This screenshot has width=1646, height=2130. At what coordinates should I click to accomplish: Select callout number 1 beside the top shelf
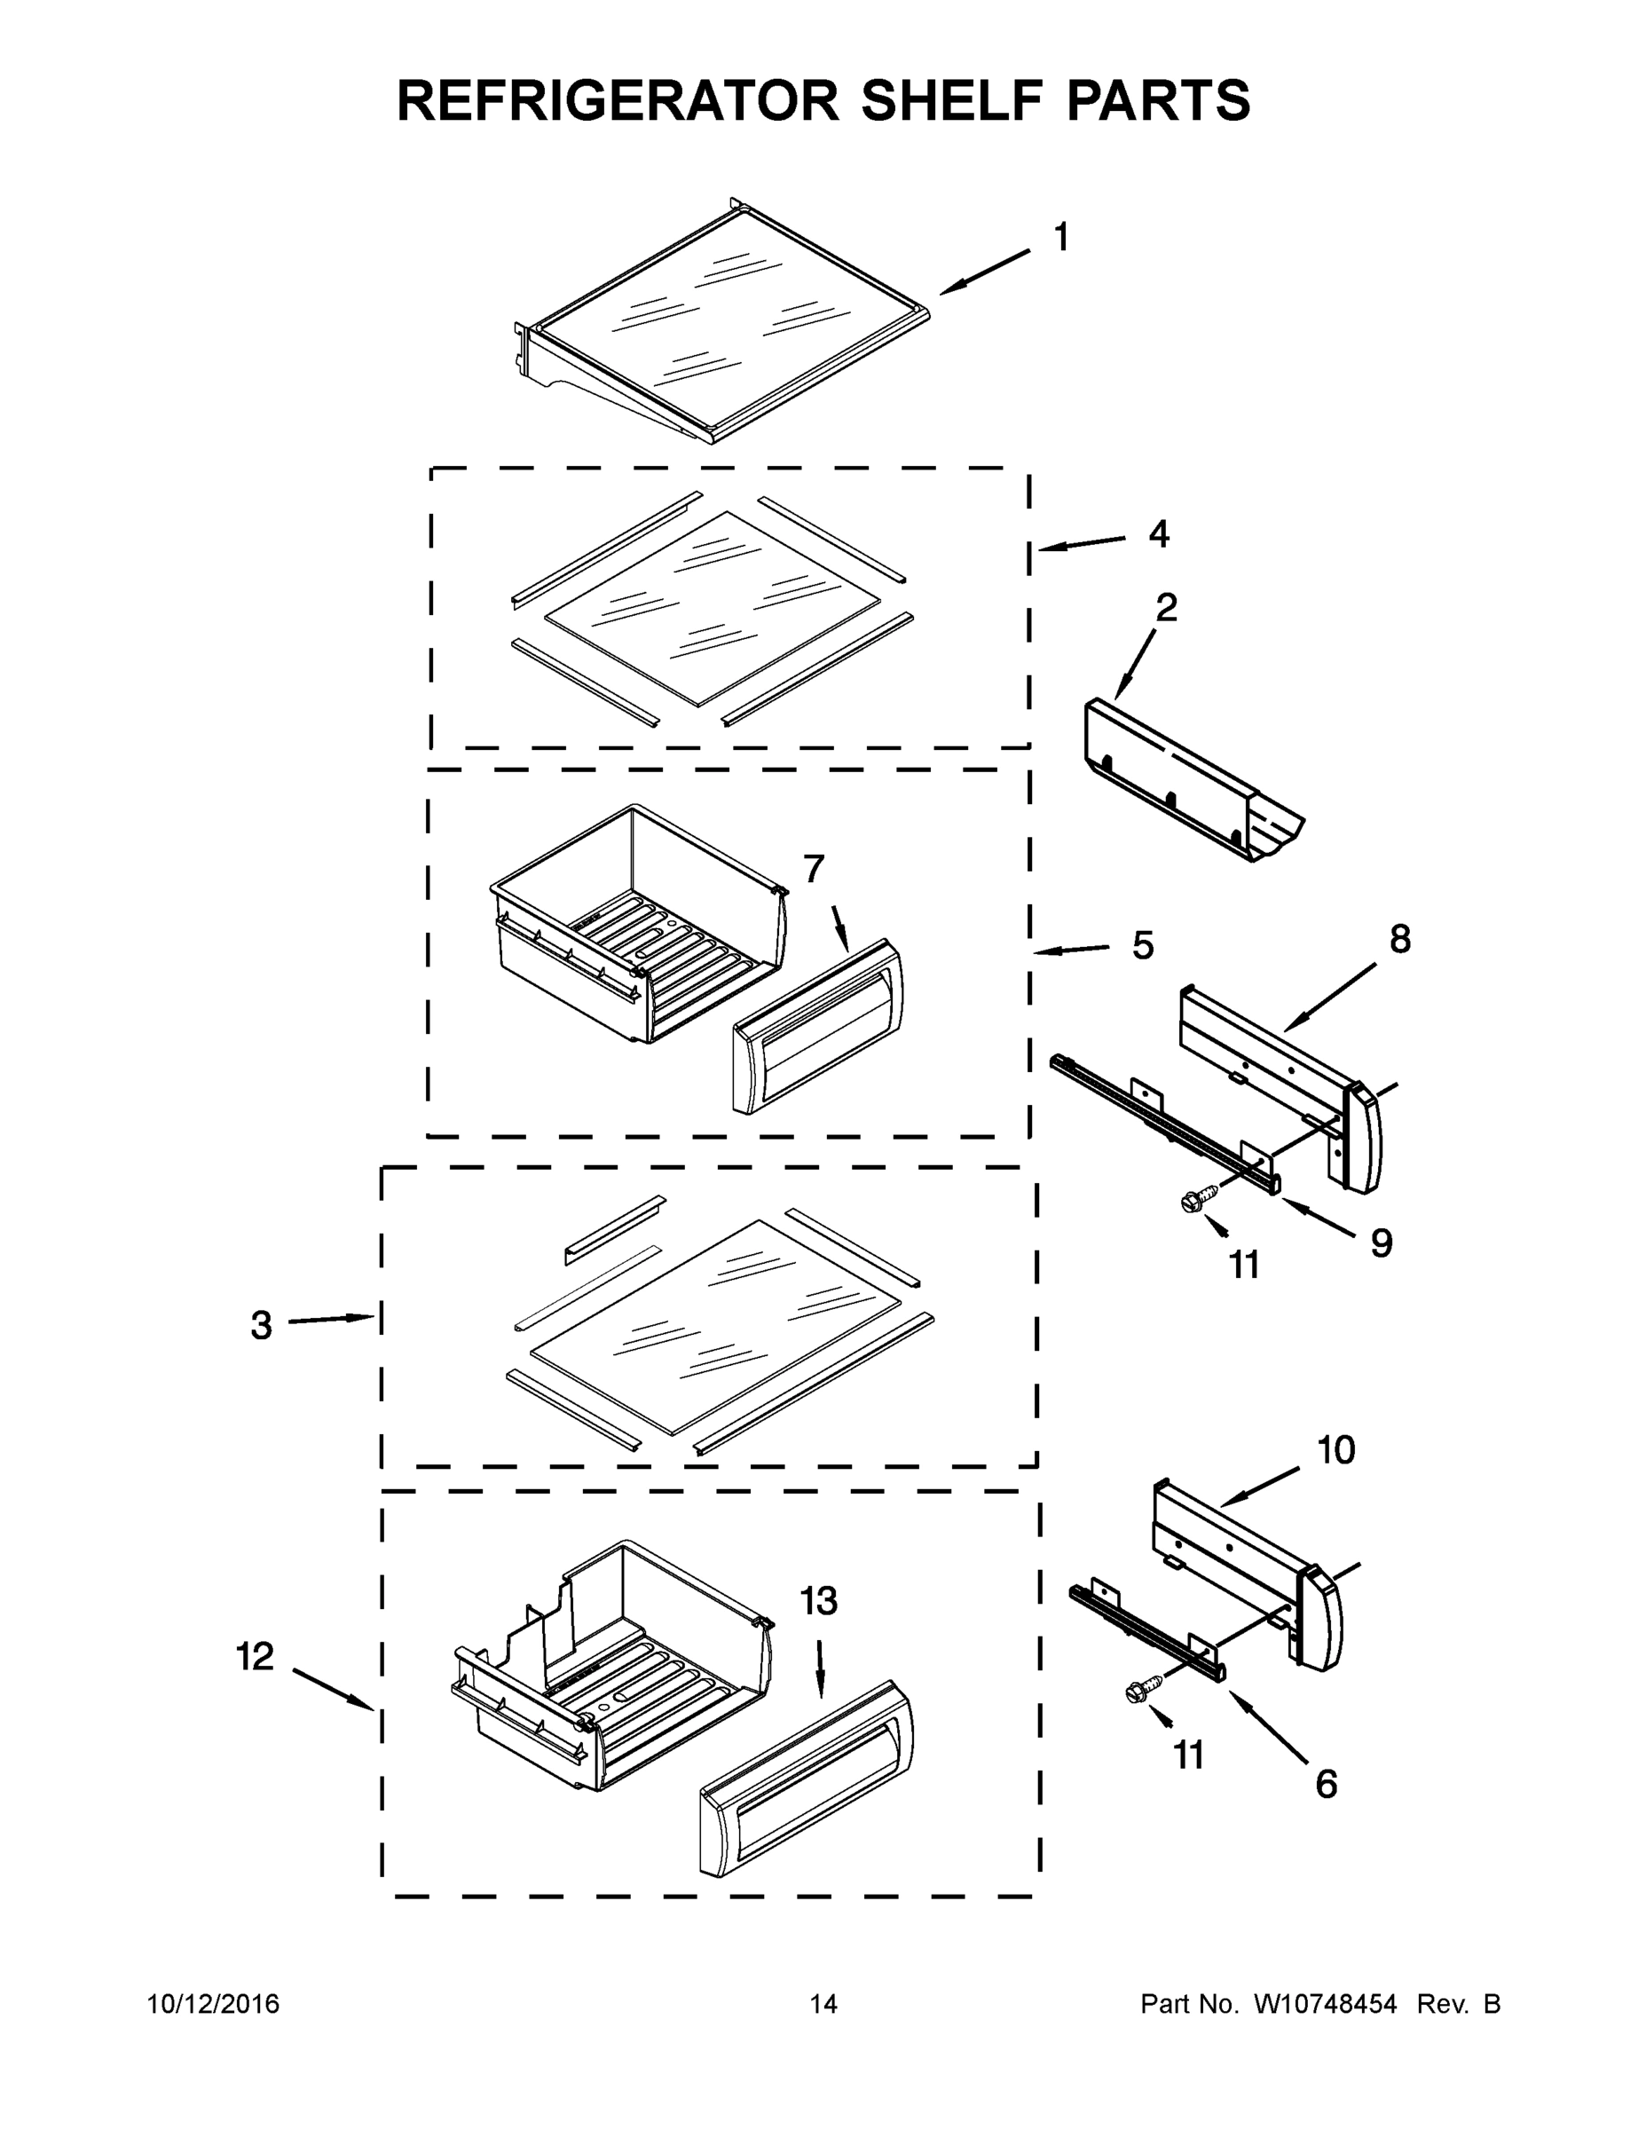[x=1061, y=237]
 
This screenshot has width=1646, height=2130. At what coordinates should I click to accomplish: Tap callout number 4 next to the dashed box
[x=1159, y=533]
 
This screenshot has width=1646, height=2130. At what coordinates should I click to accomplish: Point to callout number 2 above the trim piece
[x=1166, y=608]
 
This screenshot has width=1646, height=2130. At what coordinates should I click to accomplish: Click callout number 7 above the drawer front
[x=814, y=868]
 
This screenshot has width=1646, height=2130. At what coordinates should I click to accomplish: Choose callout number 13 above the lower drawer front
[x=819, y=1600]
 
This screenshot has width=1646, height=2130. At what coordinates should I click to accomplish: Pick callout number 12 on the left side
[x=256, y=1656]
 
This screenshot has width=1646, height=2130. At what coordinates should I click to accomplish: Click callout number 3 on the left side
[x=262, y=1325]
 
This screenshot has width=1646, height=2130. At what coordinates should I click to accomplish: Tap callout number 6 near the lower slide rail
[x=1327, y=1784]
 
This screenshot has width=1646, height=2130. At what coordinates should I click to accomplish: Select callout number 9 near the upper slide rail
[x=1381, y=1242]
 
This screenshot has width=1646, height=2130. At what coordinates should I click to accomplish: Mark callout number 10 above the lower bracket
[x=1336, y=1450]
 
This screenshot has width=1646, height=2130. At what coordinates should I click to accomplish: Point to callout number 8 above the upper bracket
[x=1399, y=939]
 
